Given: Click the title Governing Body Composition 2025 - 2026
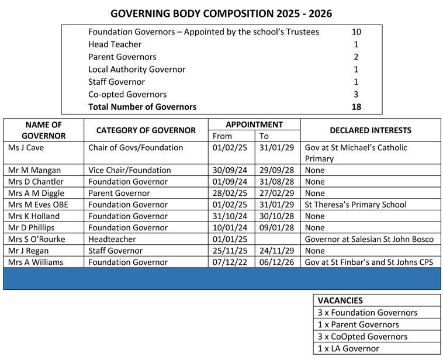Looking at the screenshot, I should point(221,13).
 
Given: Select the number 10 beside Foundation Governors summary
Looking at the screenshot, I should point(357,32).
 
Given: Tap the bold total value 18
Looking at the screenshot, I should point(356,107).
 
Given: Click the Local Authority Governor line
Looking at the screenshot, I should point(137,69).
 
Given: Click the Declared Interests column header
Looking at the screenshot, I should point(371,130).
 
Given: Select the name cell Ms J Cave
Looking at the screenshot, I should point(26,147).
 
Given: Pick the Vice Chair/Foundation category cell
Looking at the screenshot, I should point(130,170).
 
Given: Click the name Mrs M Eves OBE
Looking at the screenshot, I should point(38,205).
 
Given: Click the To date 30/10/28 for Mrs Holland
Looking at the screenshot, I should point(277,216).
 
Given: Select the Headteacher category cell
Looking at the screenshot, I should point(113,239).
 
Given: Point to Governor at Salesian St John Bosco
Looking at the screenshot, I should point(369,239).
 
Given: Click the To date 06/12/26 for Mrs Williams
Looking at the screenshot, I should point(277,262).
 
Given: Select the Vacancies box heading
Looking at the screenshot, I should point(341,300).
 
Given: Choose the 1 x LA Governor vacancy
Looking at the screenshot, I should point(348,349).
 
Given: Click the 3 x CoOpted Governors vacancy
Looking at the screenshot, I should point(362,337).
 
